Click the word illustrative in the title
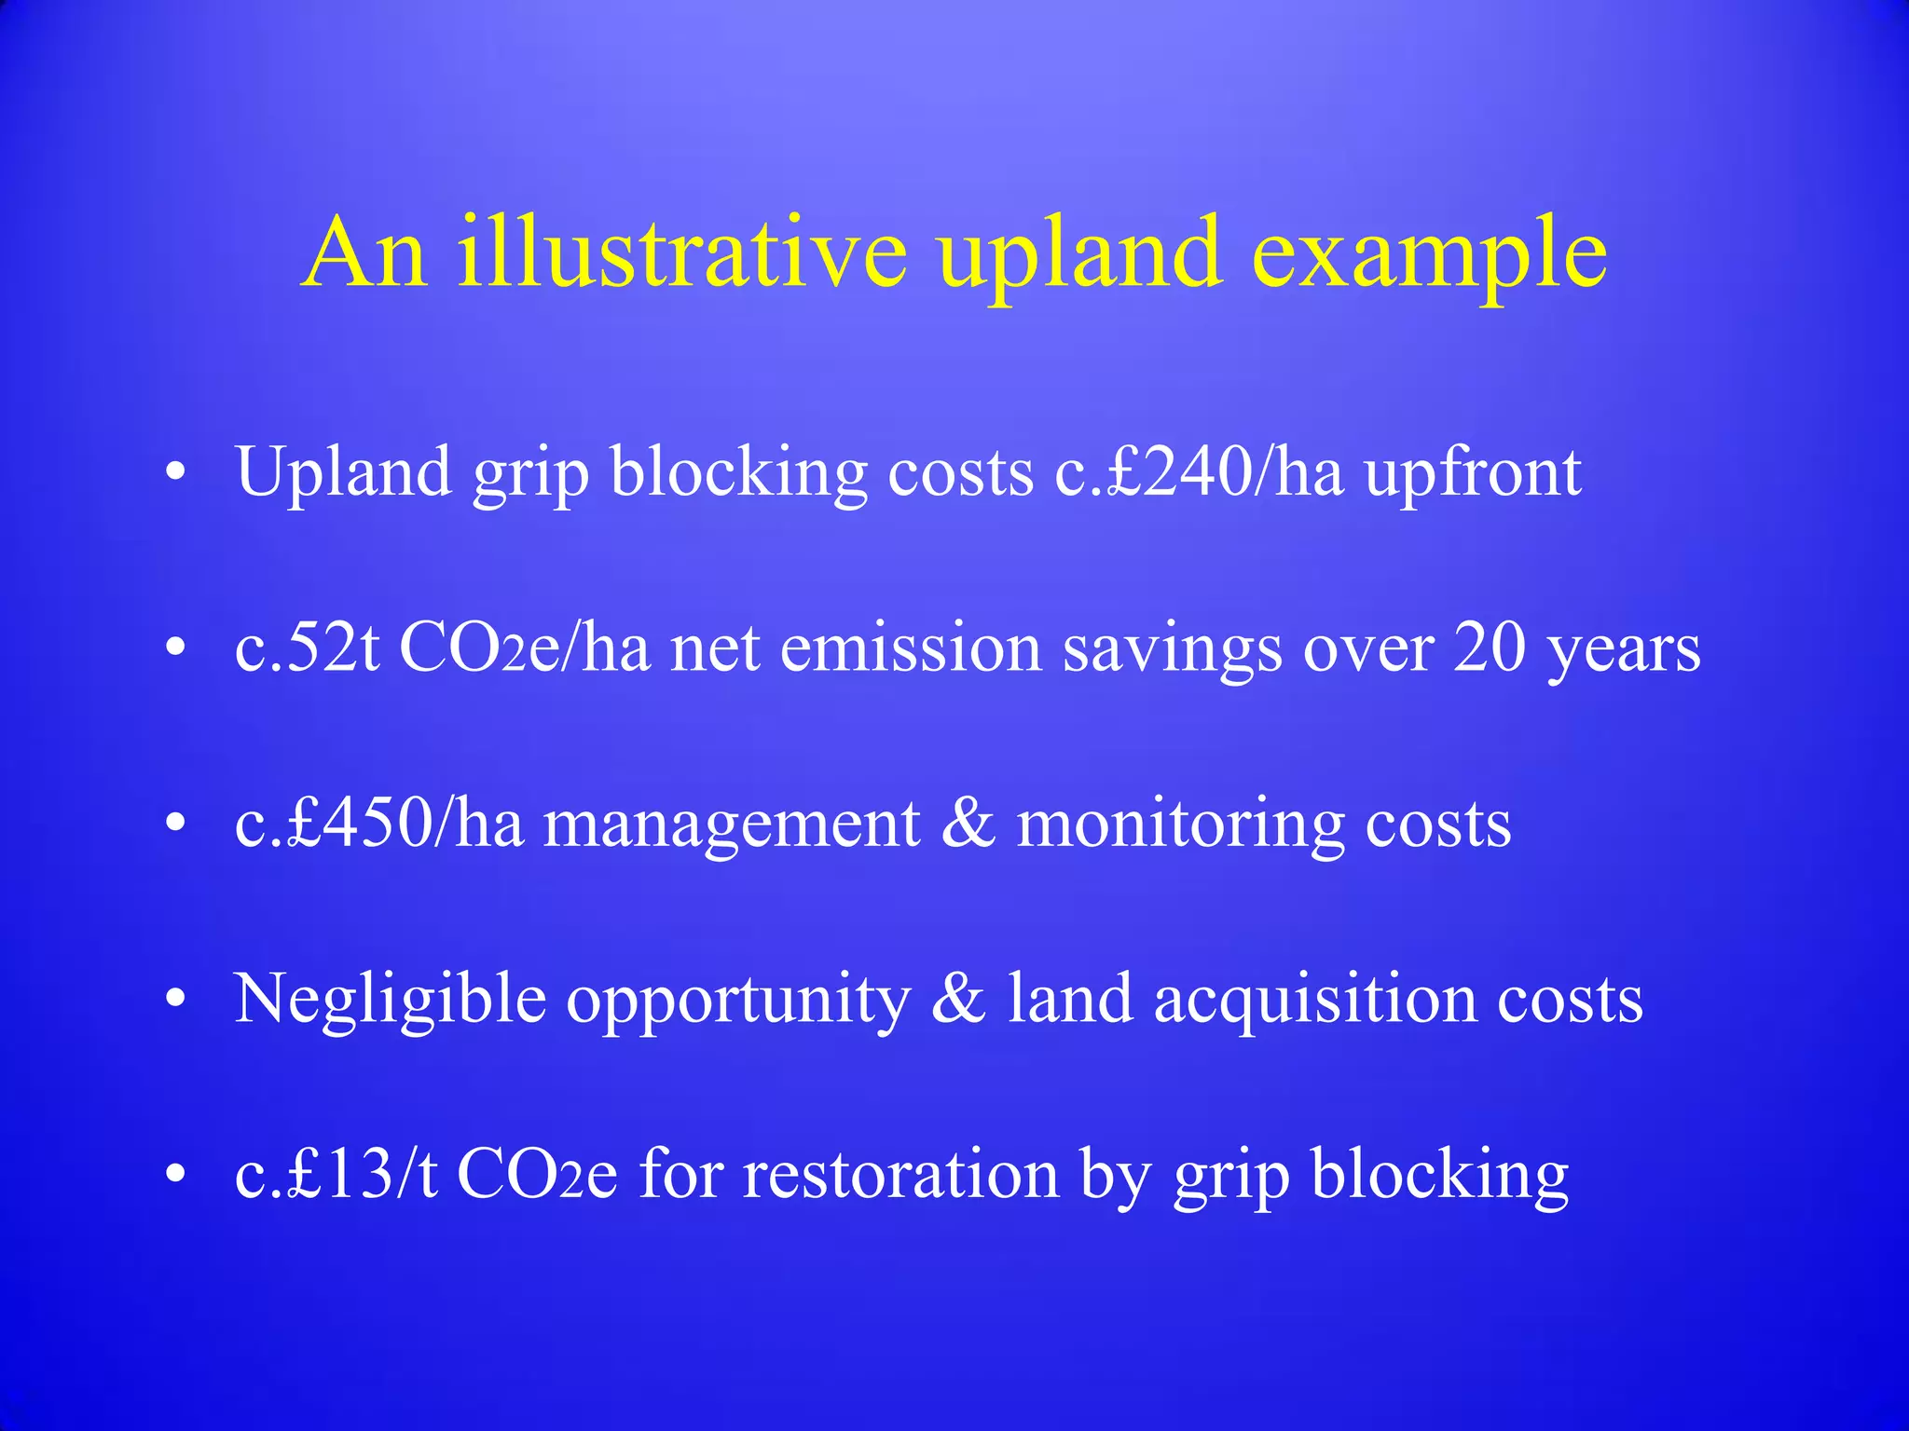tap(681, 252)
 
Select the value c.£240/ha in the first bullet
tap(1199, 472)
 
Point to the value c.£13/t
tap(336, 1173)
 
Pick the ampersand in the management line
tap(968, 824)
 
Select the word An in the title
tap(365, 252)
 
